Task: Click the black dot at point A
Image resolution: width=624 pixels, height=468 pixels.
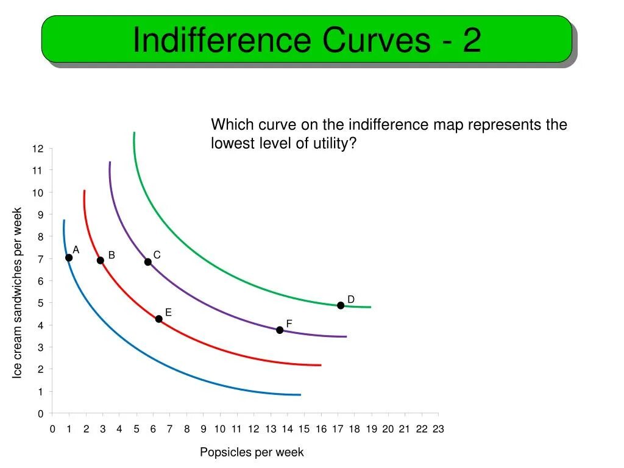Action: tap(69, 258)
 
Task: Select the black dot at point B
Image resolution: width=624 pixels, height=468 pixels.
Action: tap(101, 260)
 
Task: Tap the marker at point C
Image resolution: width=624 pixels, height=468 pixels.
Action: tap(147, 262)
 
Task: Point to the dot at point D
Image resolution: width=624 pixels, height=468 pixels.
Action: tap(341, 305)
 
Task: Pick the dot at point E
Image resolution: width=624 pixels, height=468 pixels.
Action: tap(159, 319)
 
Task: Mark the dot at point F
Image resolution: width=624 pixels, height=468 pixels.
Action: tap(280, 330)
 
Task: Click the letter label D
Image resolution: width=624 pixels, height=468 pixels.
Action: tap(351, 299)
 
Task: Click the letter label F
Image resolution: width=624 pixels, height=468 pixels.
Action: tap(289, 323)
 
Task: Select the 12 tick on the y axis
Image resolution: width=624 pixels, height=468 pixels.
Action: tap(38, 149)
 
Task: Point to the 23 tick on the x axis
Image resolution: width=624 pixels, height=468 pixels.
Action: tap(438, 429)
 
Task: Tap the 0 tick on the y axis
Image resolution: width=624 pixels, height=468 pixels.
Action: tap(40, 414)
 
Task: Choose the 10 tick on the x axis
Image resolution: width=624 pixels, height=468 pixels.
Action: tap(220, 429)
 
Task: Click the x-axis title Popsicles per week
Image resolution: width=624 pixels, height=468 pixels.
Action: tap(252, 452)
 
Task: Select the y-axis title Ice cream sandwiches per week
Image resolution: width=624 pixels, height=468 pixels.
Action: tap(18, 293)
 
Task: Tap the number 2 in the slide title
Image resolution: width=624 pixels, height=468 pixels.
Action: tap(472, 40)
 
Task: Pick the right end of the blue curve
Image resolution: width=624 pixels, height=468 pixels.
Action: tap(300, 395)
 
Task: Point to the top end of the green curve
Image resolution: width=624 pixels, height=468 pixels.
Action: tap(134, 133)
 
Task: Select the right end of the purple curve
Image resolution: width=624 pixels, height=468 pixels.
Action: tap(346, 336)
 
